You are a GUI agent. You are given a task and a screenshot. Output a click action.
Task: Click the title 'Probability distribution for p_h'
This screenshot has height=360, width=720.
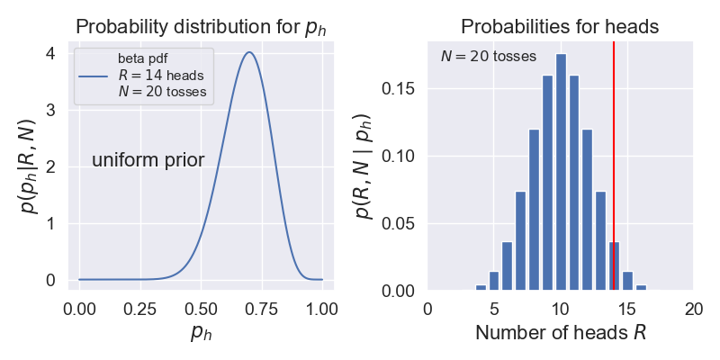[201, 27]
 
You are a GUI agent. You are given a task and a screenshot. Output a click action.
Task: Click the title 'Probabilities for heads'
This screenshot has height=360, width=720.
[560, 27]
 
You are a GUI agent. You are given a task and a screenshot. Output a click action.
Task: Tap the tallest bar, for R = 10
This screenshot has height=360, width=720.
[561, 180]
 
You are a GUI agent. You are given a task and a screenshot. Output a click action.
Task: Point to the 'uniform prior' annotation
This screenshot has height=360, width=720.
[148, 161]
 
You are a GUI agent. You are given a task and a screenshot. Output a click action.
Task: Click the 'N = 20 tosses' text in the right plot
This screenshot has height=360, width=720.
[489, 56]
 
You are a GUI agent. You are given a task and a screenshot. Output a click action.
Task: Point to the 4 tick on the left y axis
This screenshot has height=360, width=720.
[50, 54]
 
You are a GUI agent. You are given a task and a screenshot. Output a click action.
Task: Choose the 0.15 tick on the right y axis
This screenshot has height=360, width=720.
[400, 89]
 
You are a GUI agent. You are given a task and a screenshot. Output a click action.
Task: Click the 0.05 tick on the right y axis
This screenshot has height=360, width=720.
[400, 224]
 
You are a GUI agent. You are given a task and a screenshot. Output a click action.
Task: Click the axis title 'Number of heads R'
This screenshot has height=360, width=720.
[560, 333]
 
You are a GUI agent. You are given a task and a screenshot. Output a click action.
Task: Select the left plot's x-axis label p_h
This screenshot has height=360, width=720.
[201, 333]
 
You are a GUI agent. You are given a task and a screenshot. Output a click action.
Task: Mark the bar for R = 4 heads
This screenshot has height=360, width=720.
[481, 288]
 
